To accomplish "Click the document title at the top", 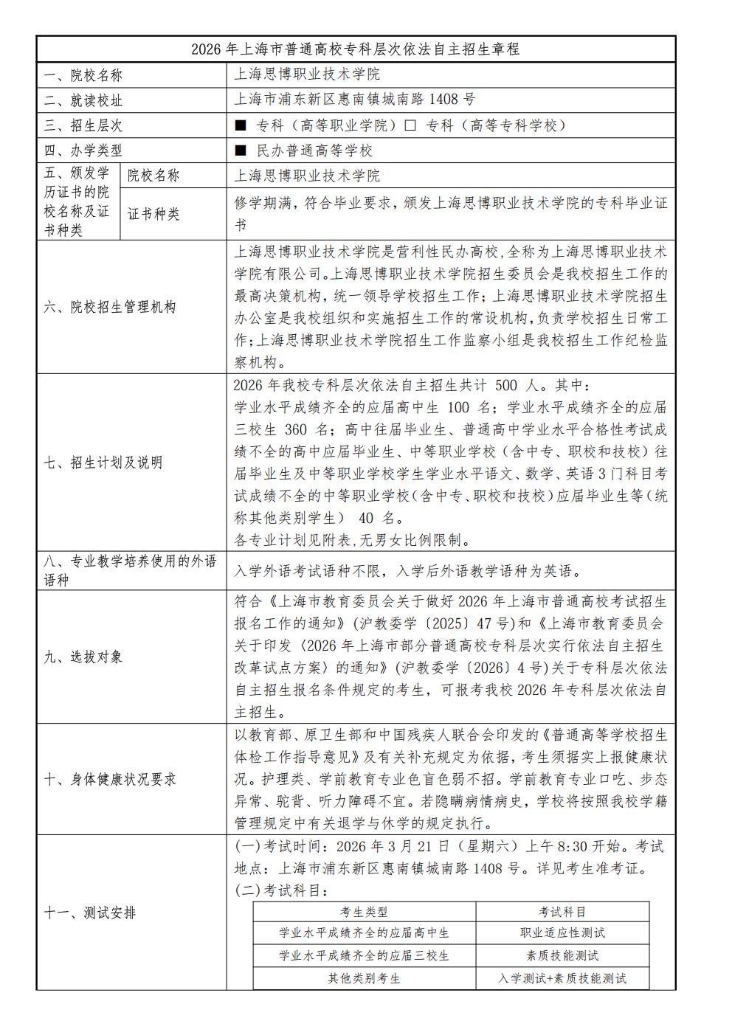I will (355, 49).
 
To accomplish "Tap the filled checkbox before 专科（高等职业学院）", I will (240, 125).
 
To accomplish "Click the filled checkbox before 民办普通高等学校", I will (240, 151).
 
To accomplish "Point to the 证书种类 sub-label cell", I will (153, 214).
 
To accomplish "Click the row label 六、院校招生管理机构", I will (110, 308).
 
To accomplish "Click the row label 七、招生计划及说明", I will (103, 463).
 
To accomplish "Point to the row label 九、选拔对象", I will (83, 657).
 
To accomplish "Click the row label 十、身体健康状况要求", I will (110, 779).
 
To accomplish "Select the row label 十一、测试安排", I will (90, 913).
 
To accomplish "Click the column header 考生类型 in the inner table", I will (364, 912).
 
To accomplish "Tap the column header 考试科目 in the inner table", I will (562, 912).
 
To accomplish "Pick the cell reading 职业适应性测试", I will (562, 933).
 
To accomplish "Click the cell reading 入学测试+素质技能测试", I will (562, 979).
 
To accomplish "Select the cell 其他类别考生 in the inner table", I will (364, 979).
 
